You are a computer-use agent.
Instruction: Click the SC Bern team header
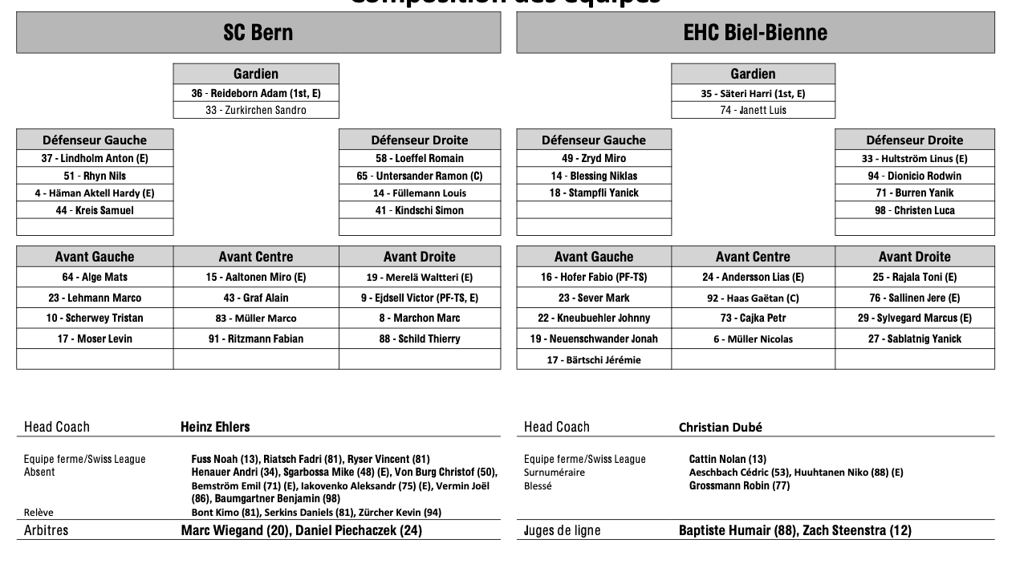click(x=258, y=33)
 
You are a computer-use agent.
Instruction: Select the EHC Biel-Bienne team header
click(x=754, y=33)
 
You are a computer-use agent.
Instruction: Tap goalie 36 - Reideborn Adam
click(x=255, y=93)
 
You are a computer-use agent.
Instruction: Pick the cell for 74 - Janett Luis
click(x=753, y=110)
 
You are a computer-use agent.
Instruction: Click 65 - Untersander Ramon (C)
click(x=419, y=176)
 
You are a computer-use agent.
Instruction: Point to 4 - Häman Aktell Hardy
click(x=95, y=193)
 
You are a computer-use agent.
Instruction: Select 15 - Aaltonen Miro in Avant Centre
click(x=255, y=277)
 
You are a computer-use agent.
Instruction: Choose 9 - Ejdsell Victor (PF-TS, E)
click(x=419, y=298)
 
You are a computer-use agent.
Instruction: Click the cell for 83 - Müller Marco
click(x=255, y=319)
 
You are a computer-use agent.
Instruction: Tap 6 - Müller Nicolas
click(x=753, y=339)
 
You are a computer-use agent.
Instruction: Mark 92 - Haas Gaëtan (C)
click(x=753, y=298)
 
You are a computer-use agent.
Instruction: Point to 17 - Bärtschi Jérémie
click(x=594, y=360)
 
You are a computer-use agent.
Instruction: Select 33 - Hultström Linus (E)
click(x=914, y=159)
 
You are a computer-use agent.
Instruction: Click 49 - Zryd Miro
click(x=594, y=159)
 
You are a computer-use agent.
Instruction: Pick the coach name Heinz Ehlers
click(x=215, y=427)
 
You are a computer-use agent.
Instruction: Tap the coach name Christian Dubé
click(x=720, y=427)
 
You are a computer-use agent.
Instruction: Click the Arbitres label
click(x=46, y=530)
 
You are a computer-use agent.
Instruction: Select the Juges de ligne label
click(x=562, y=530)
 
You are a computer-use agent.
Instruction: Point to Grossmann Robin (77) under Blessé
click(x=739, y=485)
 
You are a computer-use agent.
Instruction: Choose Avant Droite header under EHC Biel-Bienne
click(x=914, y=257)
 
